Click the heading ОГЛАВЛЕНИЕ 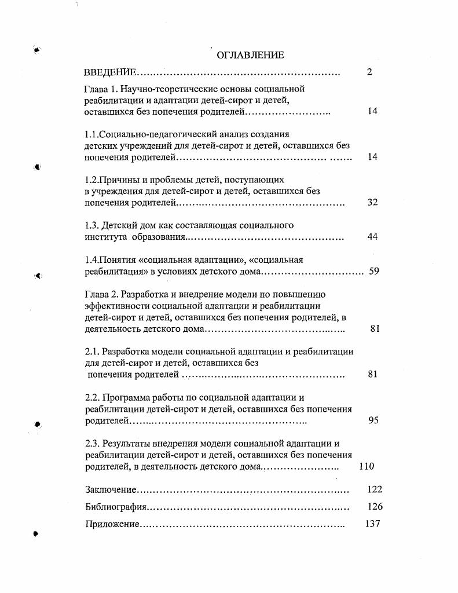250,55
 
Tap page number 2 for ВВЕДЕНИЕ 369,72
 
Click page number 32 373,202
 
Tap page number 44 373,237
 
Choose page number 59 374,271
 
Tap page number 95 373,420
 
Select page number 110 367,466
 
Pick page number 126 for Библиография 375,507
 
